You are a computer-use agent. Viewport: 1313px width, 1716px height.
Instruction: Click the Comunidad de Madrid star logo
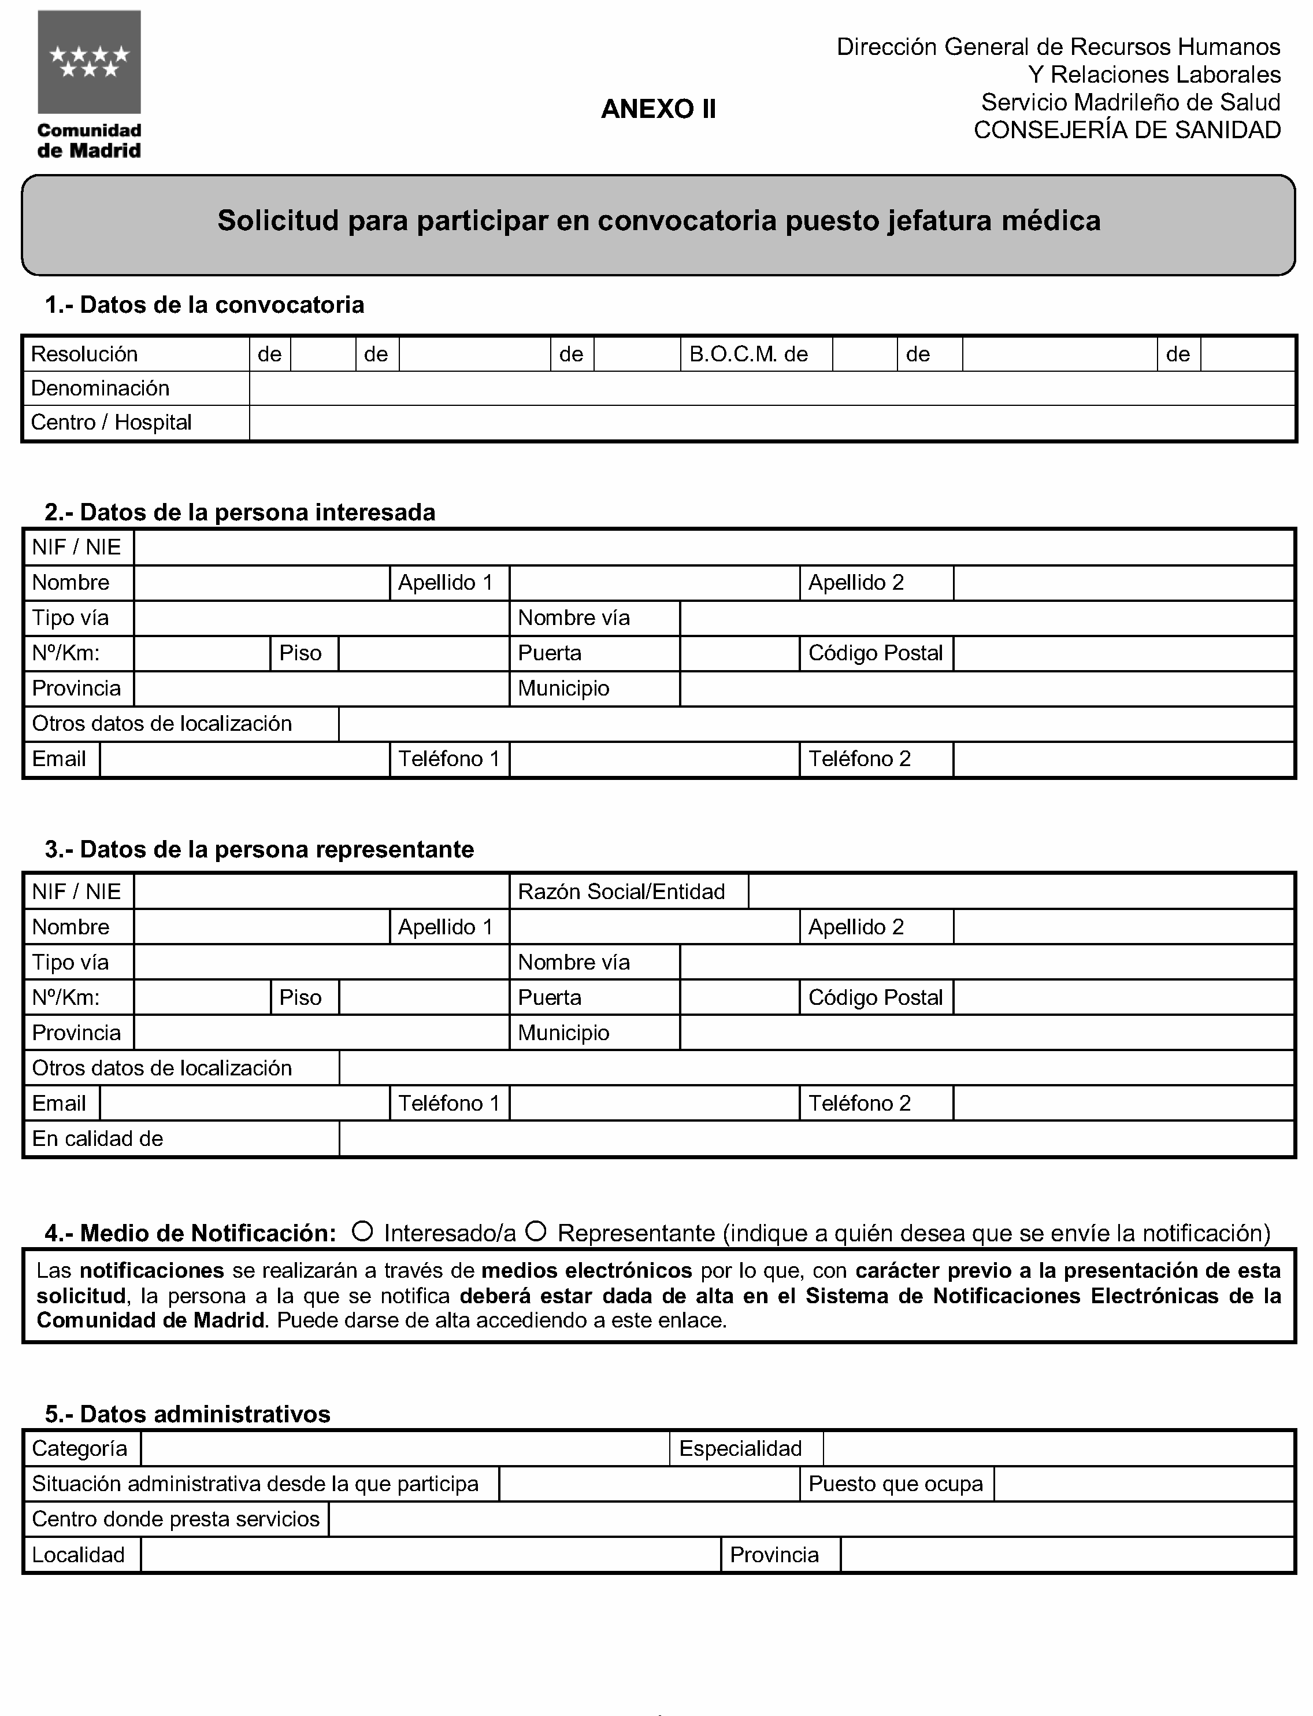pyautogui.click(x=89, y=62)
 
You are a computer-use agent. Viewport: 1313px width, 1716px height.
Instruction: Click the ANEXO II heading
pyautogui.click(x=658, y=109)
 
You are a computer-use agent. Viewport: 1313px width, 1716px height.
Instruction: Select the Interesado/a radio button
pyautogui.click(x=362, y=1231)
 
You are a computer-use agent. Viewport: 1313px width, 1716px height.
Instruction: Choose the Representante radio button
pyautogui.click(x=535, y=1231)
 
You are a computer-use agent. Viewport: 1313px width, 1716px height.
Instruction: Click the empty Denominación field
pyautogui.click(x=772, y=389)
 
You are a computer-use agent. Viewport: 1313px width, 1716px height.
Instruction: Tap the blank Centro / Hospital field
pyautogui.click(x=772, y=423)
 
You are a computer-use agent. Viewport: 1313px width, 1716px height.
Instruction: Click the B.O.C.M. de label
pyautogui.click(x=748, y=355)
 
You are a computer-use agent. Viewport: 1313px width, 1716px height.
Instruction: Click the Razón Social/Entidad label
pyautogui.click(x=621, y=892)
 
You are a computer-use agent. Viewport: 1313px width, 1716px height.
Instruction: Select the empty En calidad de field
pyautogui.click(x=817, y=1139)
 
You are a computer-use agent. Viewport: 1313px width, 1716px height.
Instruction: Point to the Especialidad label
pyautogui.click(x=740, y=1449)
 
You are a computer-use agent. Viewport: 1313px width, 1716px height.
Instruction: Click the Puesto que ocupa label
pyautogui.click(x=896, y=1484)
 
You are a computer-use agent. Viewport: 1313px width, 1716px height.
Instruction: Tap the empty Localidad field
pyautogui.click(x=430, y=1555)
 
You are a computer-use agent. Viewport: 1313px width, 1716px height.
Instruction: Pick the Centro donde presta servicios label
pyautogui.click(x=176, y=1519)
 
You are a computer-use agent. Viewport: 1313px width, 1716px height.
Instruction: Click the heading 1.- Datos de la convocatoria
pyautogui.click(x=205, y=305)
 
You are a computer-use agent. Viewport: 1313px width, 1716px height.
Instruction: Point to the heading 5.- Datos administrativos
pyautogui.click(x=188, y=1414)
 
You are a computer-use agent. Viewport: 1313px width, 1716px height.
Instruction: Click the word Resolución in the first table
pyautogui.click(x=84, y=355)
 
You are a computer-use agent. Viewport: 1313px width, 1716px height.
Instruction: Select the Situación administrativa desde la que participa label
pyautogui.click(x=255, y=1484)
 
